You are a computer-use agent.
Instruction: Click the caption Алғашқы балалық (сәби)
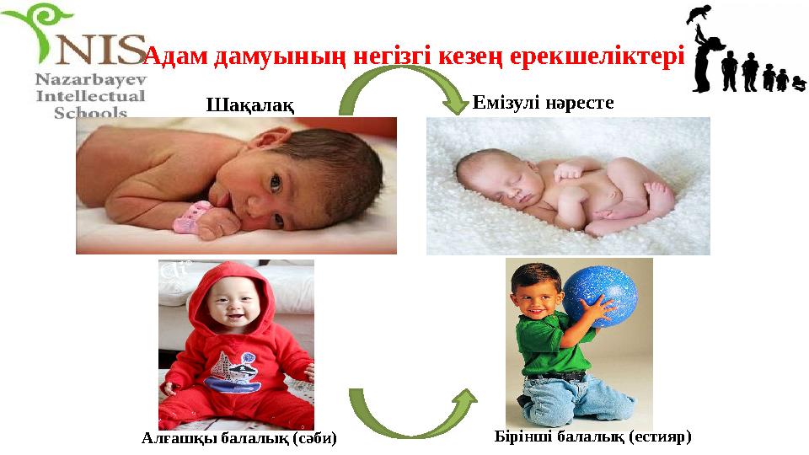[x=239, y=438]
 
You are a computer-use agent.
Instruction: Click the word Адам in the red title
[x=176, y=57]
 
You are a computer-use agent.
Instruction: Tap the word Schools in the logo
[x=90, y=112]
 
